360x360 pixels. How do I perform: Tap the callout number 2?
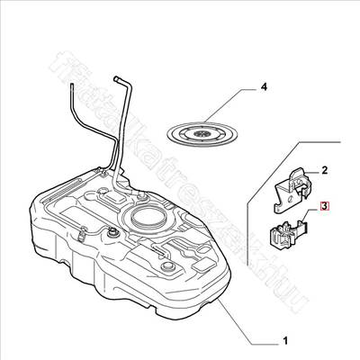(325, 169)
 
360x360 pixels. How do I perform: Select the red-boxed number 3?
(326, 206)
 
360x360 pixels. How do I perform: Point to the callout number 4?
(264, 87)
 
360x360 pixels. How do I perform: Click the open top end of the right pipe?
(116, 77)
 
